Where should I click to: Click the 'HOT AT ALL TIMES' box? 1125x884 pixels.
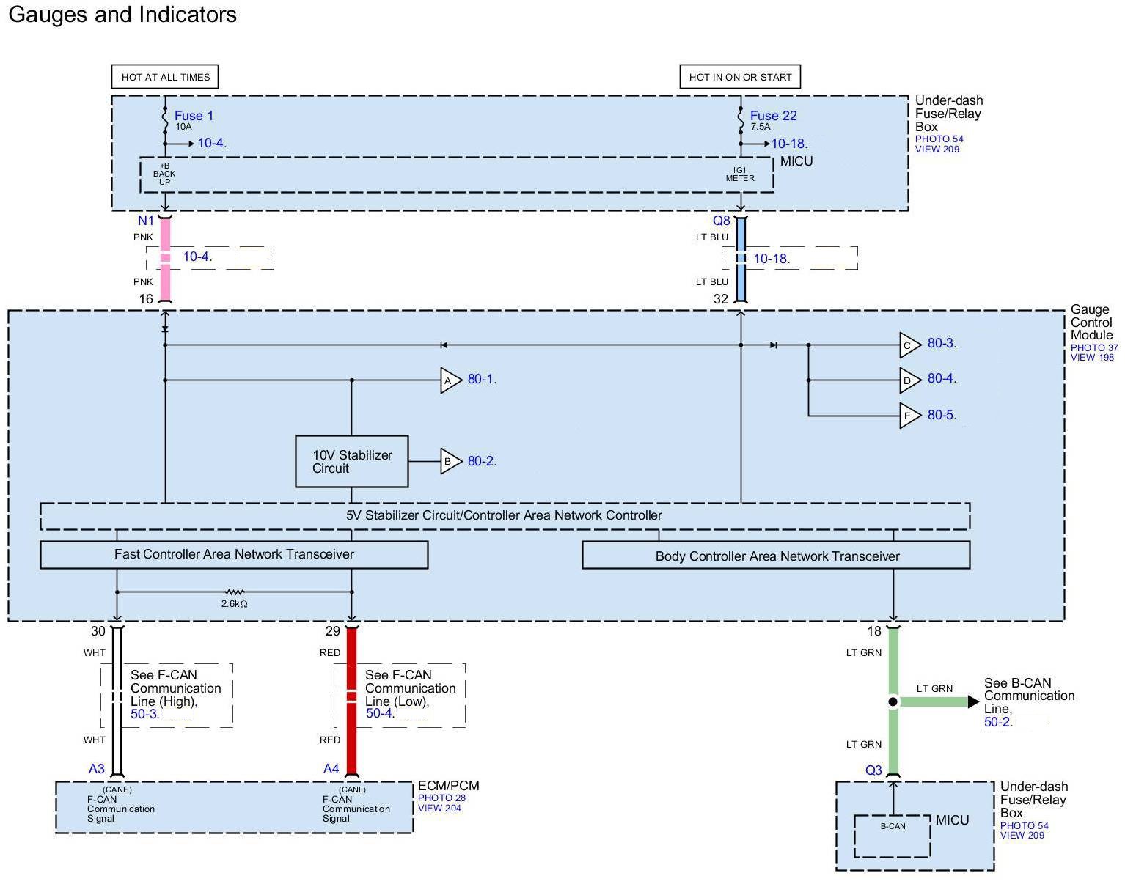(x=165, y=77)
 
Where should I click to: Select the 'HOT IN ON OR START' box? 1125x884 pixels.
(x=740, y=77)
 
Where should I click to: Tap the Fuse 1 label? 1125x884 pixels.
(x=194, y=116)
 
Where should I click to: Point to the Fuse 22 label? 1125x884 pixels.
(x=773, y=116)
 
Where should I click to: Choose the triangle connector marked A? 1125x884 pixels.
(x=450, y=380)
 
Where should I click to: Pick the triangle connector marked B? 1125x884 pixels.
(x=450, y=461)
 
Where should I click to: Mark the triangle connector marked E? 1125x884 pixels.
(x=909, y=416)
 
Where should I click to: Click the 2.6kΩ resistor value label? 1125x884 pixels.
(x=234, y=603)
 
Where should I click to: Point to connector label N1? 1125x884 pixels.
(x=146, y=221)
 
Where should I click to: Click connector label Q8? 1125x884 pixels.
(x=722, y=221)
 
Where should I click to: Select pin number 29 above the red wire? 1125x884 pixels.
(x=333, y=631)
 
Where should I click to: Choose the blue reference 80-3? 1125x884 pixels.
(x=942, y=343)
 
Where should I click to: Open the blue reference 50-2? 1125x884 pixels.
(x=998, y=722)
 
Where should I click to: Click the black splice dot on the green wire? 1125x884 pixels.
(x=893, y=701)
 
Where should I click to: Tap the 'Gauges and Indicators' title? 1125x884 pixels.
(x=122, y=15)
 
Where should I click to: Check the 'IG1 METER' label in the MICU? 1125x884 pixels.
(x=740, y=174)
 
